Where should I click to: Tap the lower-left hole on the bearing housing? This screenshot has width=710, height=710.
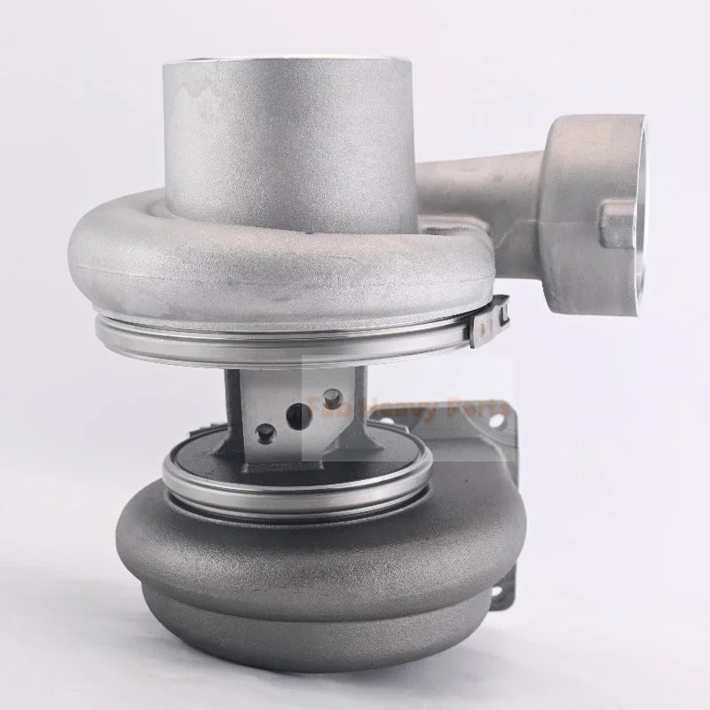click(264, 431)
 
